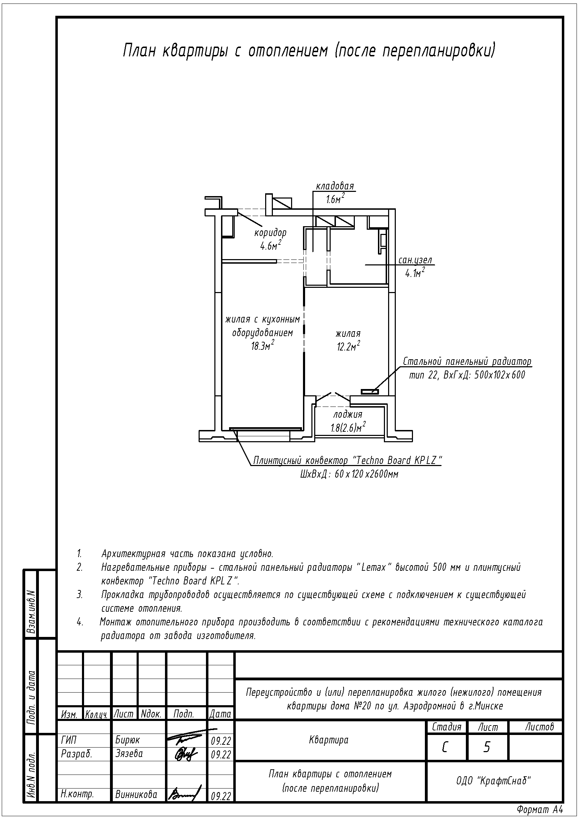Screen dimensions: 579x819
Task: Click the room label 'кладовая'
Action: pos(335,186)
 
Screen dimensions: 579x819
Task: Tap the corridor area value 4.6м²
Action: pos(270,245)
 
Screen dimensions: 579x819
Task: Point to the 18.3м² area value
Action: pos(263,345)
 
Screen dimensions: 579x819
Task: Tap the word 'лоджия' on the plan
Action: pos(348,415)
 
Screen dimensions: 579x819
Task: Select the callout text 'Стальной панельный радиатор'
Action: pos(467,362)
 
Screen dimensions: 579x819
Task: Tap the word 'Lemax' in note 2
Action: pos(374,567)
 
